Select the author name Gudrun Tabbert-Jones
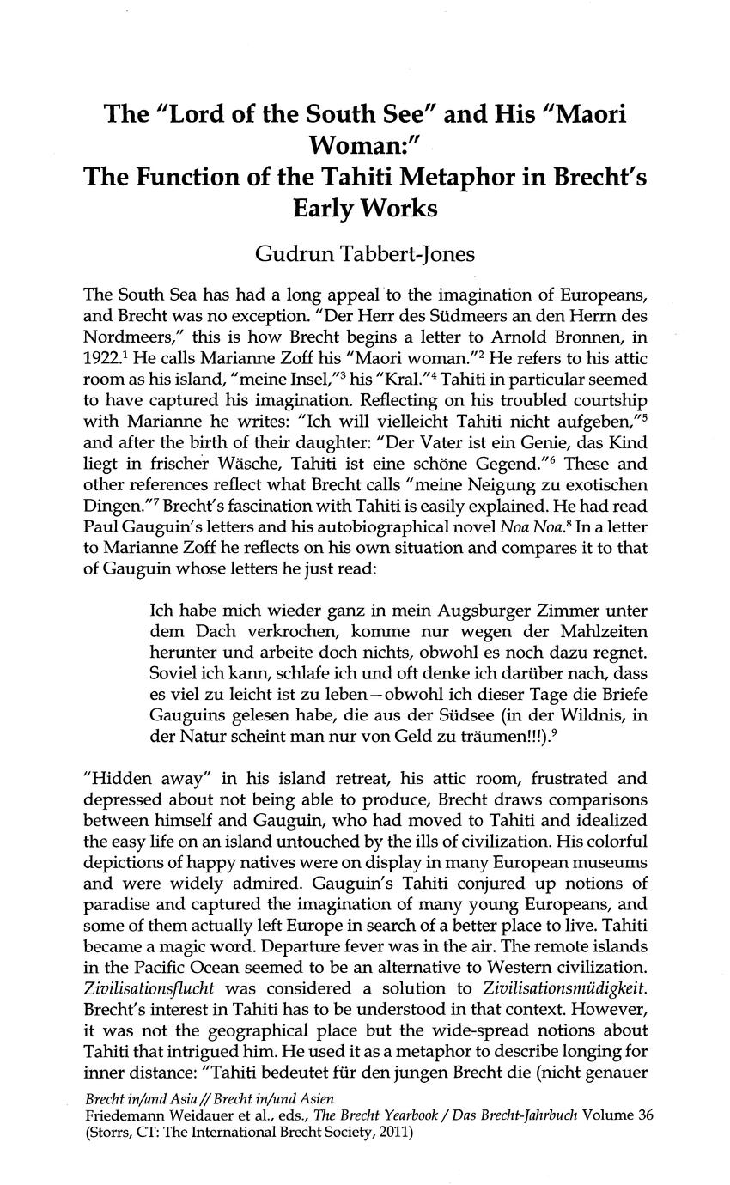tap(365, 254)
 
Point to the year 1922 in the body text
tap(100, 356)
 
